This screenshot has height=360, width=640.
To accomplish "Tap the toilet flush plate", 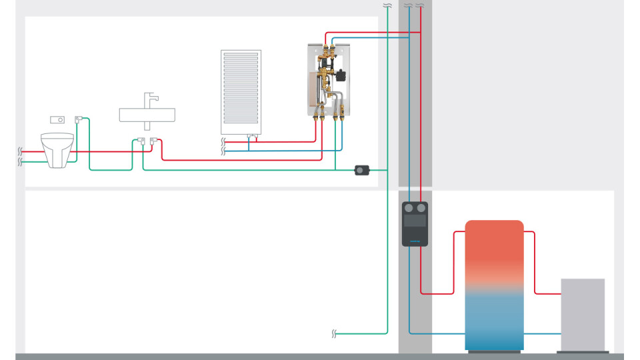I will [59, 120].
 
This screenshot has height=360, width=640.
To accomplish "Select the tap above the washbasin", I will [150, 101].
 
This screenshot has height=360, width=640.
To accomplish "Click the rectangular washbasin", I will [147, 115].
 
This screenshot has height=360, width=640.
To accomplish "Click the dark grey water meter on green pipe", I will [362, 171].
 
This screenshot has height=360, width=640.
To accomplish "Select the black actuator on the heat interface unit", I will [341, 75].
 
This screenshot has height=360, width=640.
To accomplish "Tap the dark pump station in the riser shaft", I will [415, 224].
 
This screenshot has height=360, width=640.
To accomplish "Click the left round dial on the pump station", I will [409, 208].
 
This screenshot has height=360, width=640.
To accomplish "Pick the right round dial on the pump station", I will [421, 208].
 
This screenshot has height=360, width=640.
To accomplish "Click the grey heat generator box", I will [583, 314].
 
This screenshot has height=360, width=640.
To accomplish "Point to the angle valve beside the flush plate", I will [79, 119].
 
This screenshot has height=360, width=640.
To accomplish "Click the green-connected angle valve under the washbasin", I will [141, 141].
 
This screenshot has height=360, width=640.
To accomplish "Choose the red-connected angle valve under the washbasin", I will [154, 141].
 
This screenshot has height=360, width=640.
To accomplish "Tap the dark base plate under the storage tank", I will [494, 351].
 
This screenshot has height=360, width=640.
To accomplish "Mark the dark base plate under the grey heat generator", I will [583, 351].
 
